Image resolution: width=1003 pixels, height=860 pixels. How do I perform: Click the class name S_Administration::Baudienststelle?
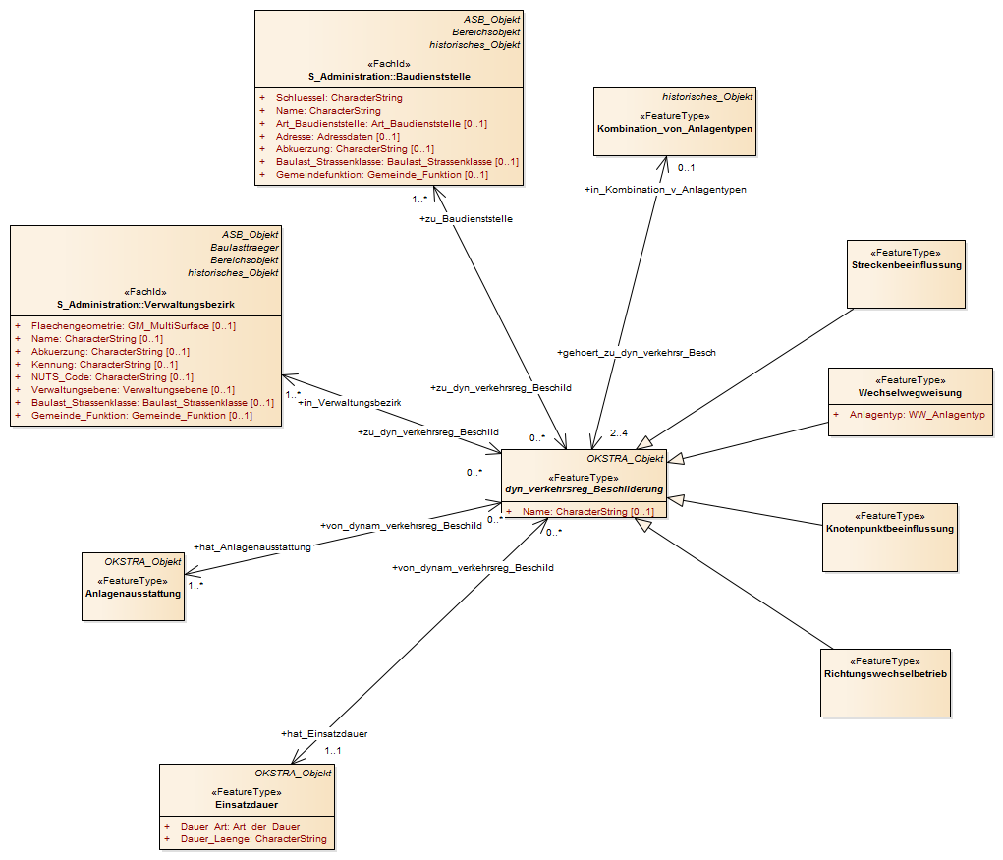tap(389, 77)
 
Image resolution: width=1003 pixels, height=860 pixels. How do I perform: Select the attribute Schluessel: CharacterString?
tap(339, 98)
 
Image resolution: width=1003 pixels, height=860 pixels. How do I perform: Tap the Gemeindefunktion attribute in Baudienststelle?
tap(382, 175)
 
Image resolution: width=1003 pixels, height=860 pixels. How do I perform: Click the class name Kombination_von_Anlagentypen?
tap(675, 129)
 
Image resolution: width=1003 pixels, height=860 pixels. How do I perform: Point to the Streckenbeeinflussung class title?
tap(907, 265)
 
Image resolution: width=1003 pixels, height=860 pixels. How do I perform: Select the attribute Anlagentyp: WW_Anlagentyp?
tap(918, 416)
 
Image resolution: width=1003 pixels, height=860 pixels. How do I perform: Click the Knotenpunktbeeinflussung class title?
tap(890, 529)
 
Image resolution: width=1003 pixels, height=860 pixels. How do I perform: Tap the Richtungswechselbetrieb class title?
tap(885, 674)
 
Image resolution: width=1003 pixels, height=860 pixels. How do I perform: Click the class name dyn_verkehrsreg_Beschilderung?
tap(584, 489)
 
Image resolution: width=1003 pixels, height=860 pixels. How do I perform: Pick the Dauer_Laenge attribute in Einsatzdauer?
tap(253, 839)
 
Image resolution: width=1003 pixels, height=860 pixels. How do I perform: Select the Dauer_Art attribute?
tap(240, 827)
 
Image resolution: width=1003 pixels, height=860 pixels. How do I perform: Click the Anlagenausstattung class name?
tap(133, 594)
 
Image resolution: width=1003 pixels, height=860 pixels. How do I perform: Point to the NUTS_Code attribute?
tap(112, 377)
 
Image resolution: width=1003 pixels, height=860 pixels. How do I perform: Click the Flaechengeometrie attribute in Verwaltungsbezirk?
tap(133, 326)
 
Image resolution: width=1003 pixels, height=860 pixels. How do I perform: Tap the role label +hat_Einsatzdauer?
tap(324, 734)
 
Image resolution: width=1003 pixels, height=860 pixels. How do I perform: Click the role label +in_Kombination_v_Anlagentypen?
tap(665, 190)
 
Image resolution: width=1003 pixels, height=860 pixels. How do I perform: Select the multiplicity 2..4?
tap(619, 433)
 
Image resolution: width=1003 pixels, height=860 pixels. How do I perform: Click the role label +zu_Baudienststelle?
tap(466, 219)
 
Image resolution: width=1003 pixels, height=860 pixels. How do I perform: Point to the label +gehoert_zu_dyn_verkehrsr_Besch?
tap(637, 353)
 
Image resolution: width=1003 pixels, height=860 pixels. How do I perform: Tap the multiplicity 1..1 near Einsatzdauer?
tap(333, 751)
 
